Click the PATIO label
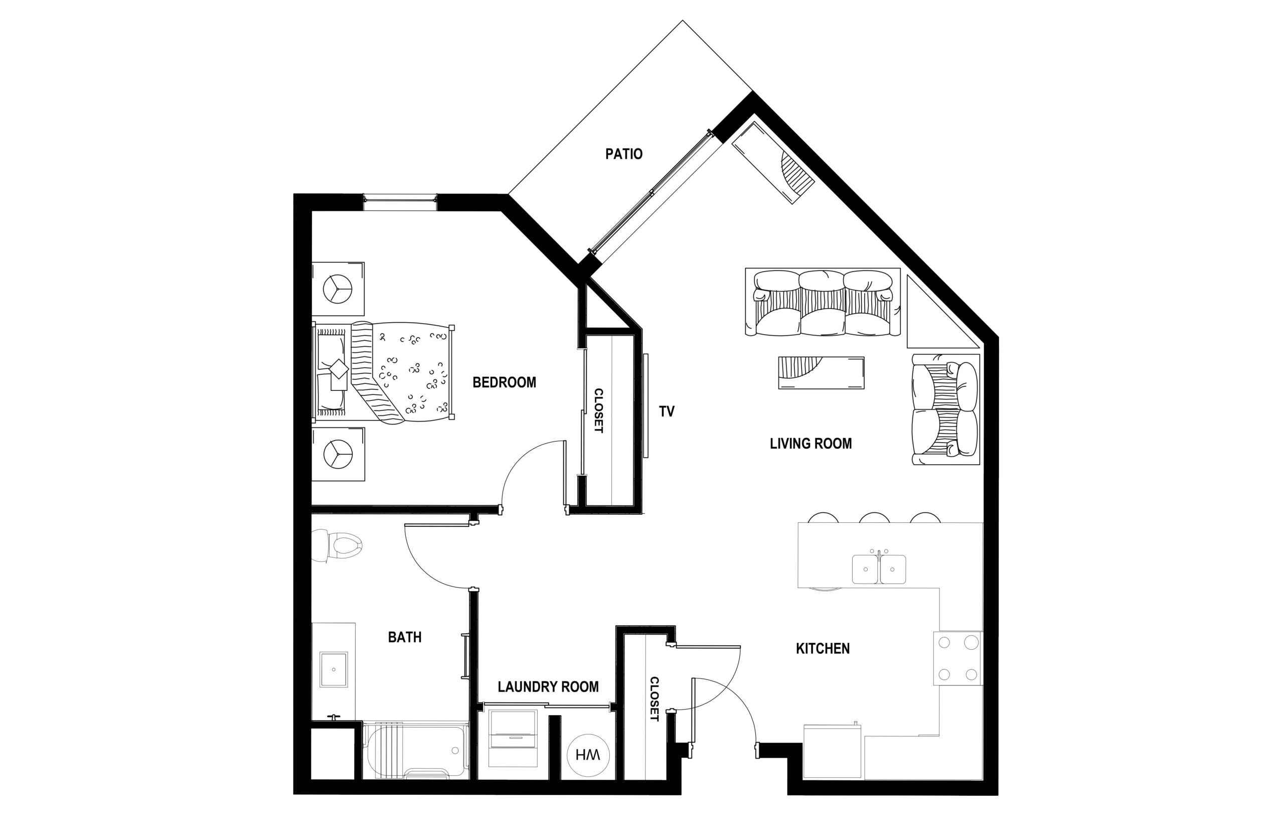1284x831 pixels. click(623, 155)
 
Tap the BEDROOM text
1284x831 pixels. click(504, 382)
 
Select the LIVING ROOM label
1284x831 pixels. click(811, 444)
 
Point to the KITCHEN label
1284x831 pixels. click(823, 649)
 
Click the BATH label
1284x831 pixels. click(404, 637)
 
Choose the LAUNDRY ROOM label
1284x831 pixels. click(548, 687)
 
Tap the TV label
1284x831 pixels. click(667, 411)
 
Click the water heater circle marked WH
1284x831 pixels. click(588, 755)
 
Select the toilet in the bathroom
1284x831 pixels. click(337, 545)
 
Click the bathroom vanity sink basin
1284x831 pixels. click(334, 669)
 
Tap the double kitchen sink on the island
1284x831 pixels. click(878, 569)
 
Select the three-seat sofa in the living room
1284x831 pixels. click(823, 302)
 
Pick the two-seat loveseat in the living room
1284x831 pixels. click(945, 409)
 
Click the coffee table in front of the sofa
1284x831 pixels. click(821, 373)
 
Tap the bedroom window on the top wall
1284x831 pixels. click(400, 202)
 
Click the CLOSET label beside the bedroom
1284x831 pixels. click(598, 410)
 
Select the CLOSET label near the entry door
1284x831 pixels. click(654, 700)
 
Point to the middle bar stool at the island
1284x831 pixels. click(874, 518)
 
